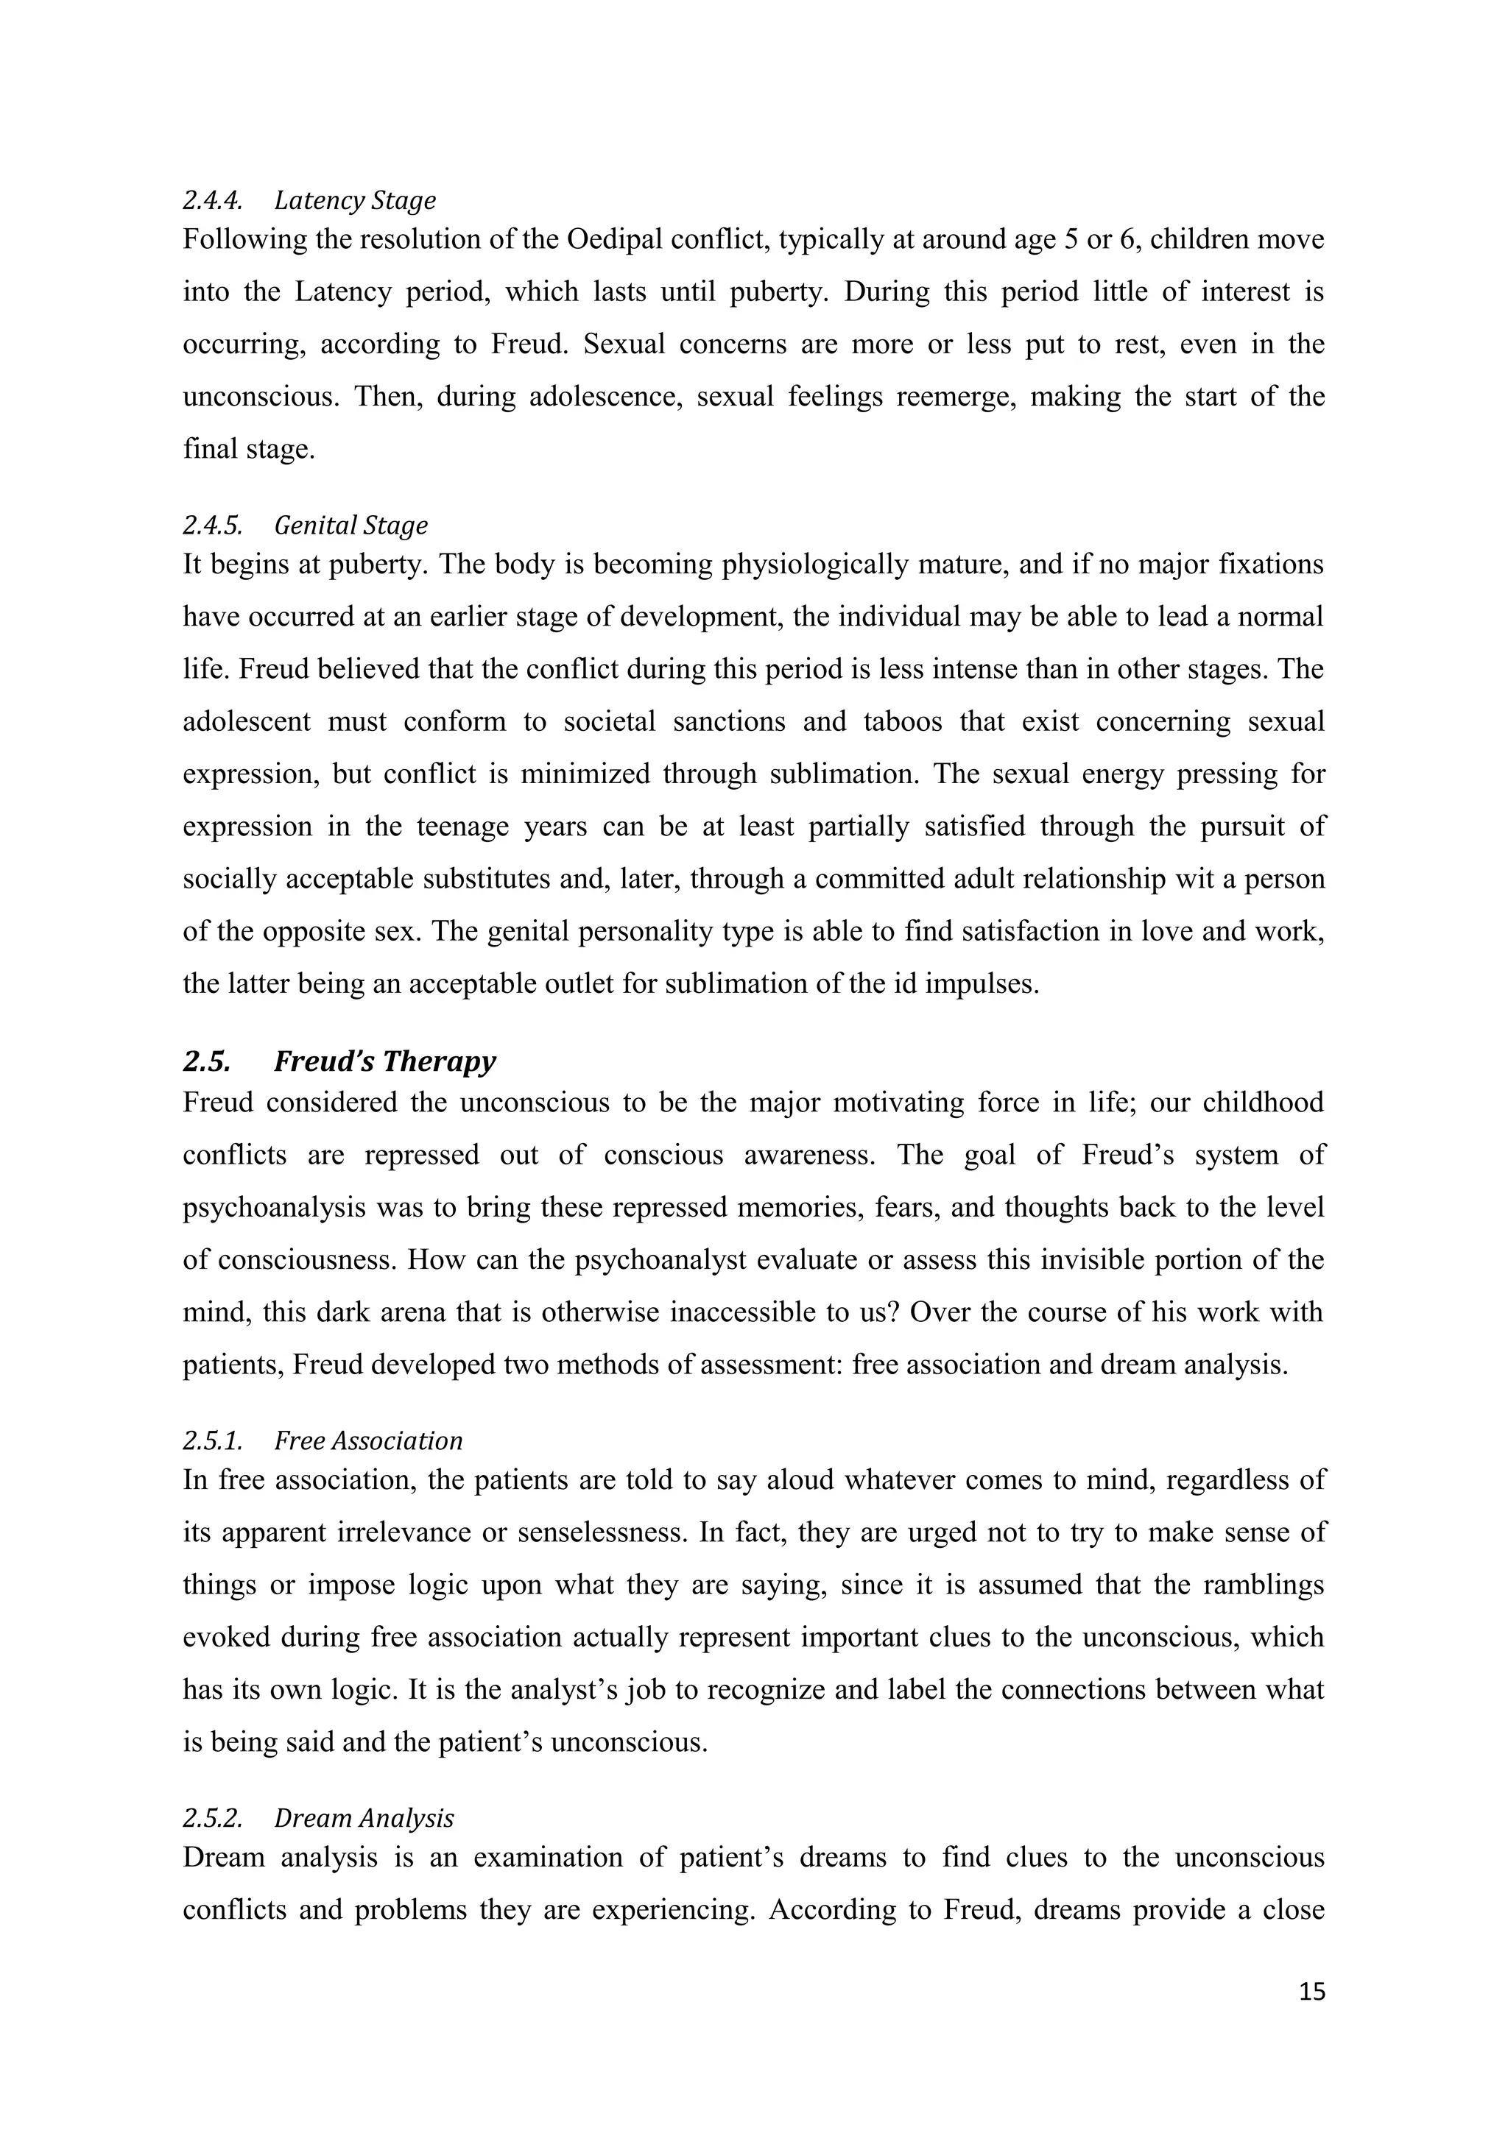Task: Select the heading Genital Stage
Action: pos(351,525)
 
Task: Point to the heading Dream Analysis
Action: pos(364,1817)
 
